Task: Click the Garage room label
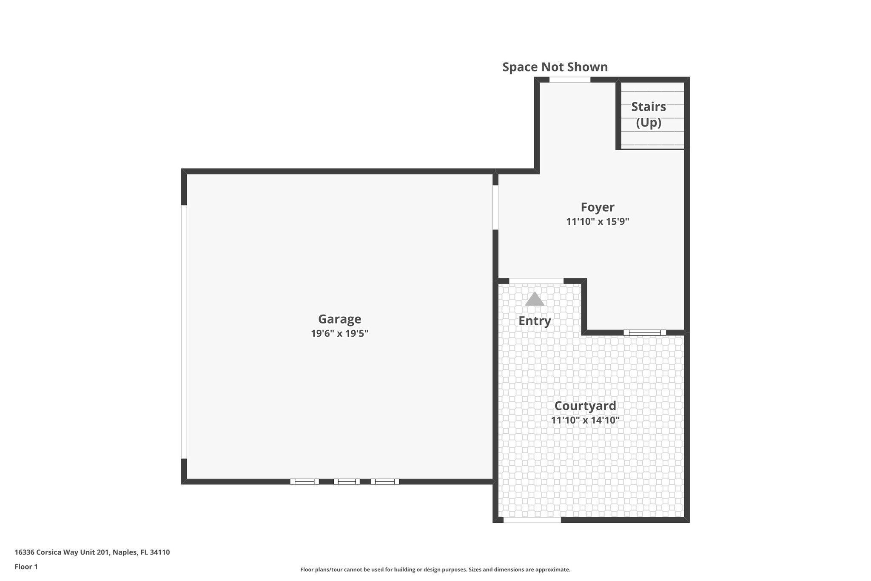(339, 319)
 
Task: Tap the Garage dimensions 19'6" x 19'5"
(339, 333)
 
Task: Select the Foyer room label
(597, 207)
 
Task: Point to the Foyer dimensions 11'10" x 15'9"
(597, 222)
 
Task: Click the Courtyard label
(585, 406)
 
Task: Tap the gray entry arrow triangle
(535, 300)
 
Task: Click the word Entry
(535, 321)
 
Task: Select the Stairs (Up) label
(648, 114)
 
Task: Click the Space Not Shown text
(555, 67)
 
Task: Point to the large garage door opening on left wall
(184, 332)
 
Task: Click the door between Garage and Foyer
(495, 207)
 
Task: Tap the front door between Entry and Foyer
(536, 281)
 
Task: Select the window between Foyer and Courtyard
(644, 332)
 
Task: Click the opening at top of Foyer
(569, 80)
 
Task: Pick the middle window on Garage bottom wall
(347, 481)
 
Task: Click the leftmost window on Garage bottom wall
(305, 481)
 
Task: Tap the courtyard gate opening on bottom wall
(532, 520)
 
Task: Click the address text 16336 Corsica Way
(92, 552)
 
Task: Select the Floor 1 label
(26, 567)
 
